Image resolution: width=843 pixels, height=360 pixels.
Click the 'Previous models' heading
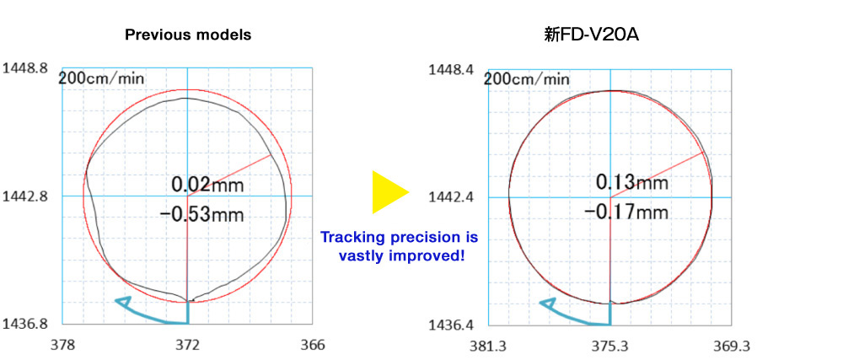188,35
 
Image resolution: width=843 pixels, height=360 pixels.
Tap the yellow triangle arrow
389,191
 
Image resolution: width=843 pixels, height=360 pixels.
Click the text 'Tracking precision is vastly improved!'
400,245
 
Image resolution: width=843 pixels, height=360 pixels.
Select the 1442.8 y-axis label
26,196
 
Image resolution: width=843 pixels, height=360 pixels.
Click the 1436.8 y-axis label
26,323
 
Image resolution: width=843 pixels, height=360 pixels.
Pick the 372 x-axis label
187,345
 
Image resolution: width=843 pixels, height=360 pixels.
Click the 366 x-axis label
312,345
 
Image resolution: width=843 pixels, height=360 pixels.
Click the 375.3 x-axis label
610,347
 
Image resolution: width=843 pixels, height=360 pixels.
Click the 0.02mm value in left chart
207,184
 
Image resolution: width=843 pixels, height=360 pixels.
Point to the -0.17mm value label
626,211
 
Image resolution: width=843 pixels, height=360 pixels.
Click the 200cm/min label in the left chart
101,78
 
